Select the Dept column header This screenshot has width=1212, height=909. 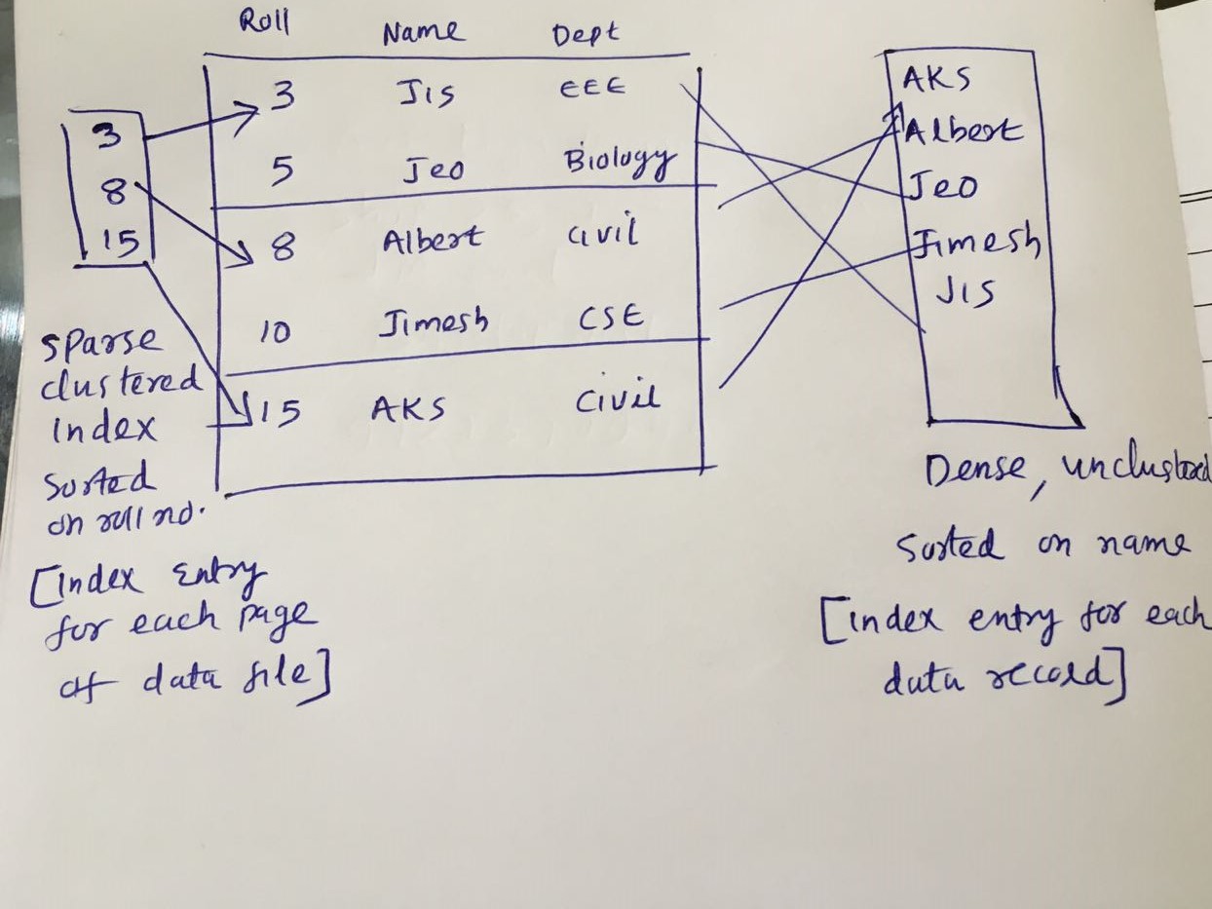(x=585, y=36)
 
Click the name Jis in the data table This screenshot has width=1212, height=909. (x=426, y=95)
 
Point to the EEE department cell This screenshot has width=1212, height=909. (x=591, y=89)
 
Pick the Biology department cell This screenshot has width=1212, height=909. (x=620, y=161)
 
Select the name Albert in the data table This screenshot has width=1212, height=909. (x=432, y=238)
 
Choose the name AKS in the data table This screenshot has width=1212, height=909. (x=407, y=407)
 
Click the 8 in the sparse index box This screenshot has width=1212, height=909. (x=113, y=191)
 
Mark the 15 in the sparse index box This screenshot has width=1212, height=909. (x=120, y=241)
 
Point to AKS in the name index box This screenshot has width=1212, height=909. (x=936, y=78)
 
